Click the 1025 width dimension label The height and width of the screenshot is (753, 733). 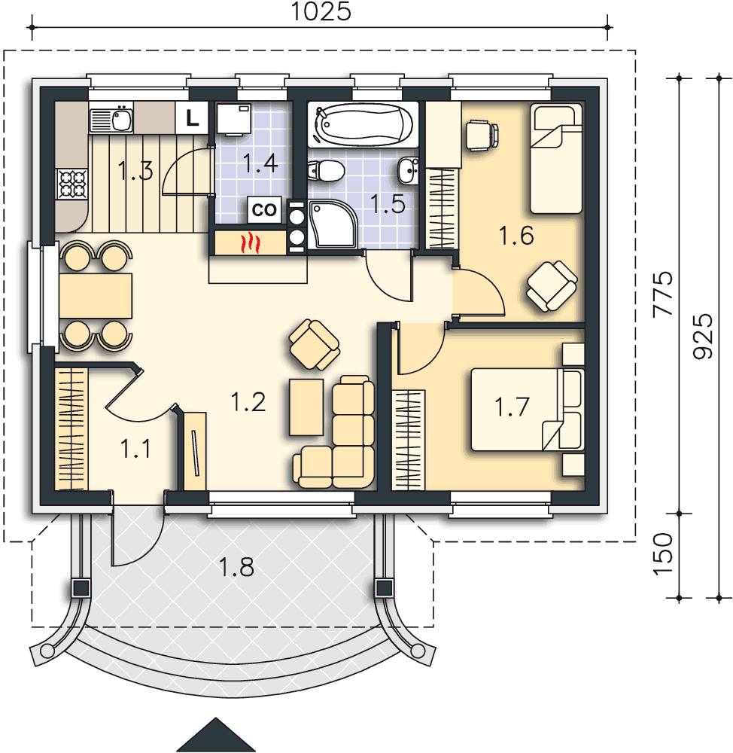click(321, 11)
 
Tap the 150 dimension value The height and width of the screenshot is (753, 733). click(663, 553)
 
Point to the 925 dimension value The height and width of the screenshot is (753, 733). click(703, 336)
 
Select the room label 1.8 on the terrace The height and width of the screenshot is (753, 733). click(236, 567)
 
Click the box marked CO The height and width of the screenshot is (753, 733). click(264, 209)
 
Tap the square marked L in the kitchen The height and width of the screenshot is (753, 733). click(192, 117)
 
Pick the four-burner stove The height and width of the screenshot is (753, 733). click(72, 184)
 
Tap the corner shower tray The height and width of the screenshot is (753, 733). click(332, 224)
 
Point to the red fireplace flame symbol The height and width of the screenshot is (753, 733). click(251, 243)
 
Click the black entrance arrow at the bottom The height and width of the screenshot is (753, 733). click(216, 735)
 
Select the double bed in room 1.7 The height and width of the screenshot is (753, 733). click(527, 410)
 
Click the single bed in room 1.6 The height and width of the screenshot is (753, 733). click(556, 159)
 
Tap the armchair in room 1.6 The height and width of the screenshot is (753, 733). click(552, 286)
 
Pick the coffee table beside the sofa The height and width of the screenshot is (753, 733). click(306, 407)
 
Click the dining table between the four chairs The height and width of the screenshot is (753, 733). click(96, 296)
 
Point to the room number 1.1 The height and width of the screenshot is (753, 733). click(135, 449)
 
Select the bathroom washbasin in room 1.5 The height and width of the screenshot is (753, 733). click(408, 170)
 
